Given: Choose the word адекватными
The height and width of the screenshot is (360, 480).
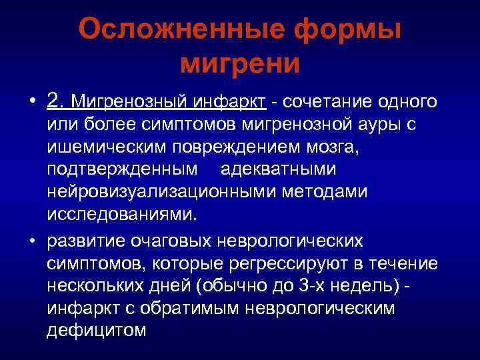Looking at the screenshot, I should coord(278,170).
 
